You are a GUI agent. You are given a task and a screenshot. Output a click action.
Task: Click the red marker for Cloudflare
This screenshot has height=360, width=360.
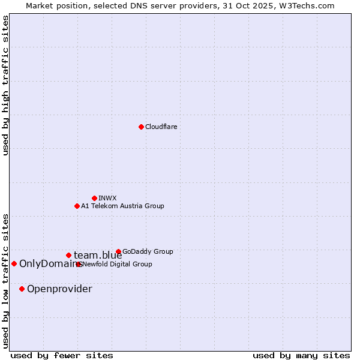pyautogui.click(x=141, y=127)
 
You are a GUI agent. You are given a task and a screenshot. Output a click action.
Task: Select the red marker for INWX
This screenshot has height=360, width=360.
pyautogui.click(x=94, y=198)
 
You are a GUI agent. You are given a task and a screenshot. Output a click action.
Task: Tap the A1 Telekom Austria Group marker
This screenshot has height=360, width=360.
pyautogui.click(x=77, y=206)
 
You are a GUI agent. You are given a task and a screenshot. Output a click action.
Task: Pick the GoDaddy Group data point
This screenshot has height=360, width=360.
pyautogui.click(x=118, y=251)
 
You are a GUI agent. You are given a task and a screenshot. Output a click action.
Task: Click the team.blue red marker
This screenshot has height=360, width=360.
pyautogui.click(x=68, y=255)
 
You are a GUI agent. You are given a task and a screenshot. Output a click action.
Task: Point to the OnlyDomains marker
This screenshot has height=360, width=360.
pyautogui.click(x=14, y=263)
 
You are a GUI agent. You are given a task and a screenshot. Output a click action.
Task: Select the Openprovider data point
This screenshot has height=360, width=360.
pyautogui.click(x=22, y=289)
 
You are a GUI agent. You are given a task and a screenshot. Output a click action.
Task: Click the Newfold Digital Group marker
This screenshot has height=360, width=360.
pyautogui.click(x=79, y=264)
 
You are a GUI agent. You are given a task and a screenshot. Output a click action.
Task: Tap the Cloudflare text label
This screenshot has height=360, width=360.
pyautogui.click(x=161, y=127)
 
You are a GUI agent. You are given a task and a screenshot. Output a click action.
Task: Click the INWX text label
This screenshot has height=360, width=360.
pyautogui.click(x=107, y=198)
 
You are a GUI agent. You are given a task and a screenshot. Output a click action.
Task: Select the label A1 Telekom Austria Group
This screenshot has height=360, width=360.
pyautogui.click(x=122, y=206)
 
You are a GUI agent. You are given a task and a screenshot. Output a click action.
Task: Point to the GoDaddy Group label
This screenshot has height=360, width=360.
pyautogui.click(x=148, y=251)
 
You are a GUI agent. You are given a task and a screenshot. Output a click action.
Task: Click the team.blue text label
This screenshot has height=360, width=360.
pyautogui.click(x=98, y=256)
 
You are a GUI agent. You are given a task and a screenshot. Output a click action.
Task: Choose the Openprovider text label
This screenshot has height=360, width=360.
pyautogui.click(x=59, y=289)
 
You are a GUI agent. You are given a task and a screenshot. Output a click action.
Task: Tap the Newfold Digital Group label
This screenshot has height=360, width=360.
pyautogui.click(x=118, y=264)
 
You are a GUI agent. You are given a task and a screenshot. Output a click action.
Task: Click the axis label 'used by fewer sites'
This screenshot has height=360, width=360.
pyautogui.click(x=62, y=355)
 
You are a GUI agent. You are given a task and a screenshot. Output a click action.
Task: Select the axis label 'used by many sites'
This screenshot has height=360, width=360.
pyautogui.click(x=301, y=355)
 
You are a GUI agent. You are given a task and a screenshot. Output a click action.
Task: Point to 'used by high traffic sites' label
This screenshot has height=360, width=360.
pyautogui.click(x=5, y=86)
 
